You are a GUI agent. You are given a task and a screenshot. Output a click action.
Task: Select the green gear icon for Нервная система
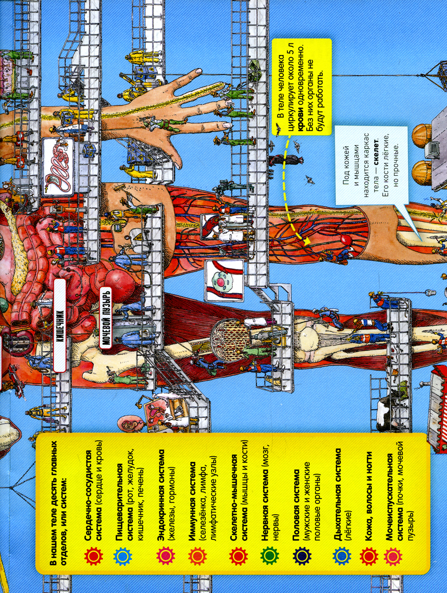point(269,556)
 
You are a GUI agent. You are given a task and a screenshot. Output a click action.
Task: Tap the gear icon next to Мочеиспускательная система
point(393,556)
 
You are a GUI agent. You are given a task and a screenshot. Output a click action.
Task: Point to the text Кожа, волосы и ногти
point(370,492)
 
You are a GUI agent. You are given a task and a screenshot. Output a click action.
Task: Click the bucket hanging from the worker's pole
point(429,291)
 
